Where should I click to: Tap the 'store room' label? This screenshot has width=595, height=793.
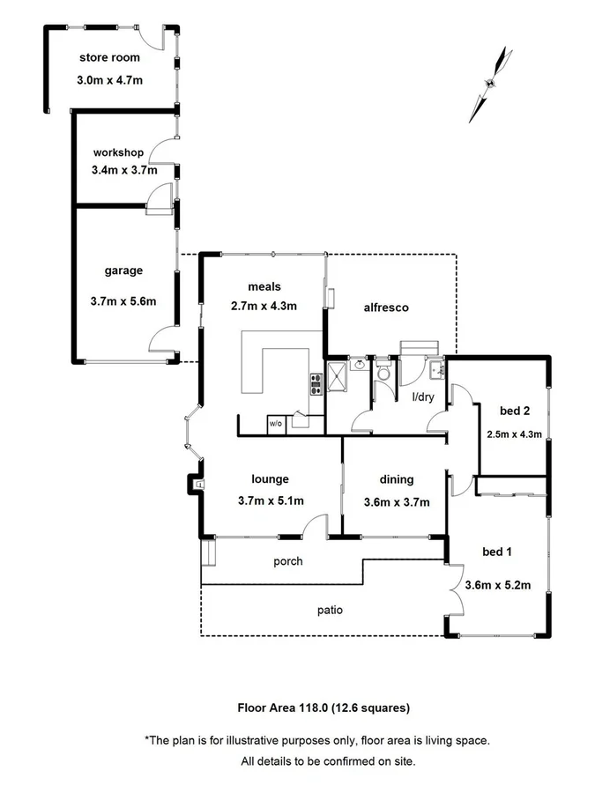109,58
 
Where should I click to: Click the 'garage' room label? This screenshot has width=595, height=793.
123,271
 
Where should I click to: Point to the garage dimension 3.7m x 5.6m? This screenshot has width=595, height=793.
123,300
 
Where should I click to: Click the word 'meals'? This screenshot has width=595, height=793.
264,285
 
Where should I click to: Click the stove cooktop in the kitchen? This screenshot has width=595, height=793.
315,383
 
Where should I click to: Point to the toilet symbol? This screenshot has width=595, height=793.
383,373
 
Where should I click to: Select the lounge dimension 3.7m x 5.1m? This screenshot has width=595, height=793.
271,502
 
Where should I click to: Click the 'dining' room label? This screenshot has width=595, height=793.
396,479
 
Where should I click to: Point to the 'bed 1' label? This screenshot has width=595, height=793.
497,552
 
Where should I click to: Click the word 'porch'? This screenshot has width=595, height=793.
288,561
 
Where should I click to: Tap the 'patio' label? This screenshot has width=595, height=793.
331,610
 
